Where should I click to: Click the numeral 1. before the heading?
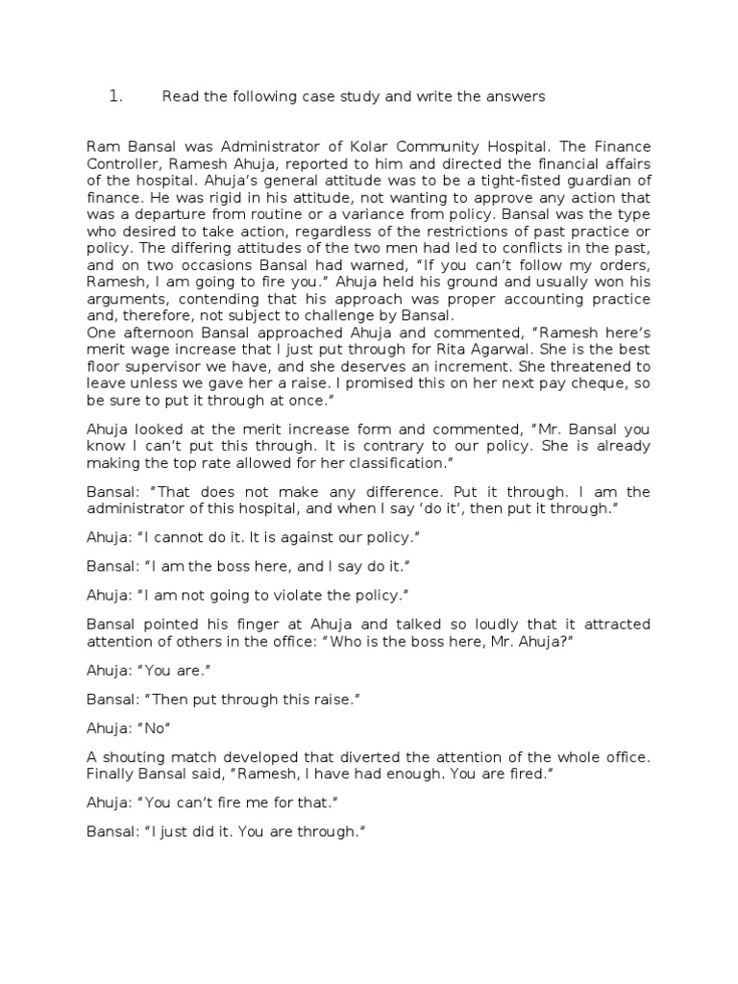pos(114,96)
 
